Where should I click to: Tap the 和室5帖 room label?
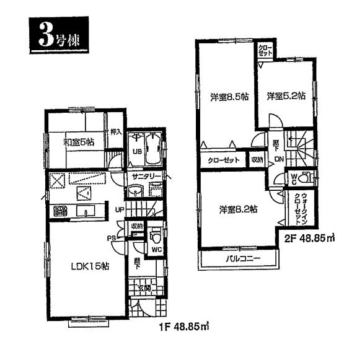[x=79, y=142]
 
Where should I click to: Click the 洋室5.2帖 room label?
[x=286, y=95]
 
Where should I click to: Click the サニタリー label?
[x=146, y=177]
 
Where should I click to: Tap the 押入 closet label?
[x=115, y=131]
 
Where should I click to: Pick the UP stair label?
[x=120, y=209]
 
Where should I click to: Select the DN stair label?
[x=279, y=159]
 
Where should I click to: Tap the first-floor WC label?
[x=156, y=249]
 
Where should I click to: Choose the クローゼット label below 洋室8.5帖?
[x=221, y=159]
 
